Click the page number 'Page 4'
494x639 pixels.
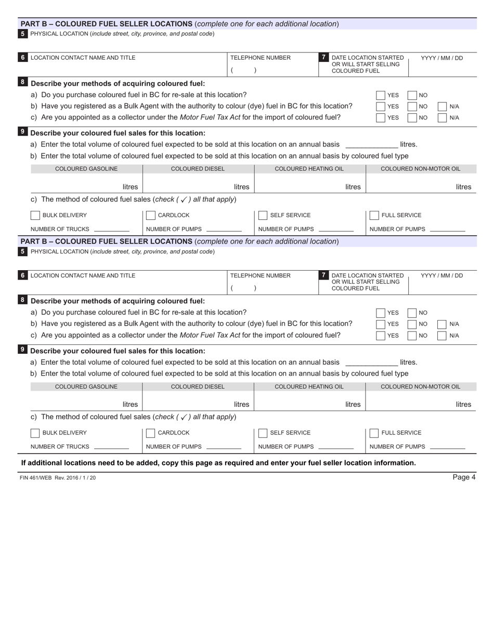464,477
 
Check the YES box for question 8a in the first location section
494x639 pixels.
381,95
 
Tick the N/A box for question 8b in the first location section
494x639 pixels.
442,106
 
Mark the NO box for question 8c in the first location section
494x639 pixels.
412,117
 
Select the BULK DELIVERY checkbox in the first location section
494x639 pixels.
35,215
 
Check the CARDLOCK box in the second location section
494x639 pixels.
150,433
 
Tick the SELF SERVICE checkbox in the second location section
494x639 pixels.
263,433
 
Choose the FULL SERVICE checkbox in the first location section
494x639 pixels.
374,215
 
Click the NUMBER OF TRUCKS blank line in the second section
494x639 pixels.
111,447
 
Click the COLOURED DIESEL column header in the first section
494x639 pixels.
198,169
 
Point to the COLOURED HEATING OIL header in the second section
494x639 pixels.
309,387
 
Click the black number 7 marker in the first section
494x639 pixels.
324,57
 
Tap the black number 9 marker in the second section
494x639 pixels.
22,350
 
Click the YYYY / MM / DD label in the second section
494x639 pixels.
441,275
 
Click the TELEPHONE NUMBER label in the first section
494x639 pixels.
261,58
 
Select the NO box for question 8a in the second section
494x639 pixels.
412,313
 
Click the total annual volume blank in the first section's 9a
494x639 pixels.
371,144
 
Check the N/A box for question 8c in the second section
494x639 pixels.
442,335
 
